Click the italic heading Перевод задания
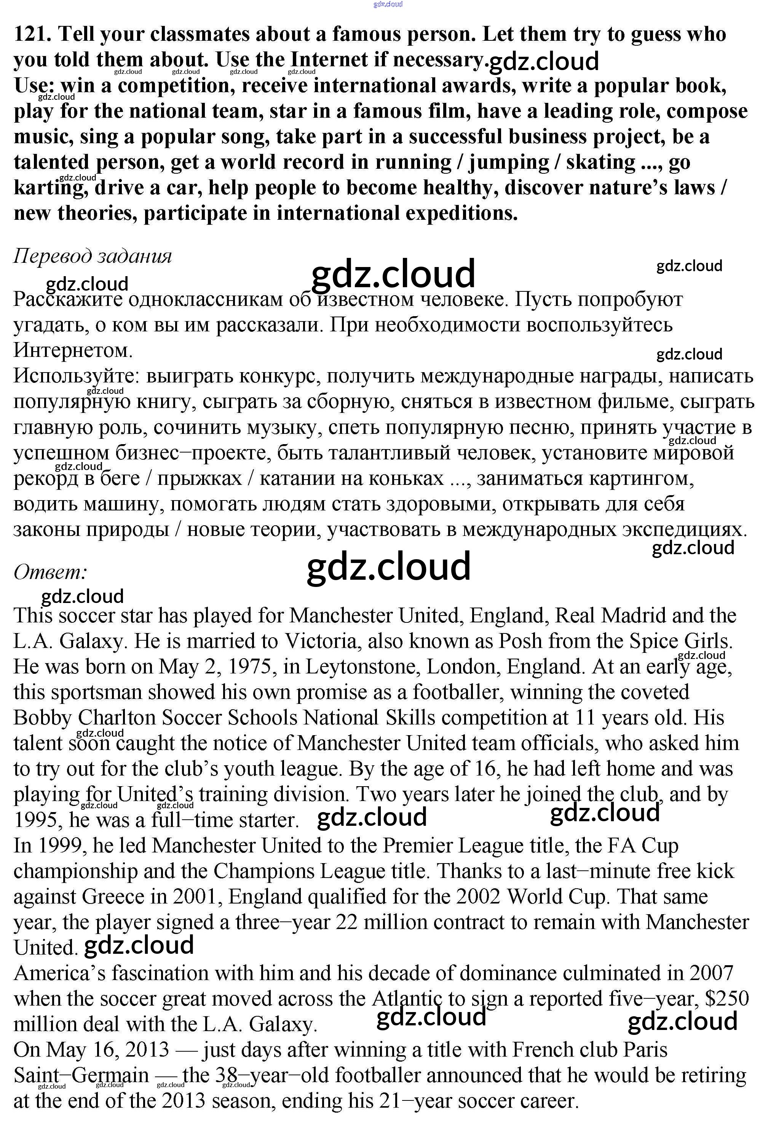pyautogui.click(x=93, y=256)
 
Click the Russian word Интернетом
pyautogui.click(x=73, y=350)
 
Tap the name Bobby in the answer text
pyautogui.click(x=42, y=718)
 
